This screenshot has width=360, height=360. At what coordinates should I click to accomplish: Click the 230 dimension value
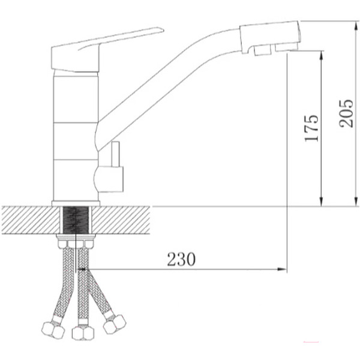(x=181, y=259)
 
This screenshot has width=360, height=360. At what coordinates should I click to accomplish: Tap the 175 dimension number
(x=311, y=128)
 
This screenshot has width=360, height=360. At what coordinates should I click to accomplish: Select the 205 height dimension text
(x=346, y=113)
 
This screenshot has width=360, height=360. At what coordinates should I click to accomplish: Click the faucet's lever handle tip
(x=162, y=30)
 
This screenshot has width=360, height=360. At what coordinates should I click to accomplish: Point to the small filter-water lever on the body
(x=115, y=154)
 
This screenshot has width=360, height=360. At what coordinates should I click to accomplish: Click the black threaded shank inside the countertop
(x=76, y=220)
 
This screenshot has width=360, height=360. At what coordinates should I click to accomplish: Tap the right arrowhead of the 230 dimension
(x=282, y=269)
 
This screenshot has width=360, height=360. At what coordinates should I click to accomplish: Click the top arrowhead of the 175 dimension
(x=322, y=56)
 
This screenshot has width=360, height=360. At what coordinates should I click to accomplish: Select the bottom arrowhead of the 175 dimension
(x=322, y=202)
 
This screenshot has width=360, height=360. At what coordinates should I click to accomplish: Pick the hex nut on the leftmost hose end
(x=53, y=330)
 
